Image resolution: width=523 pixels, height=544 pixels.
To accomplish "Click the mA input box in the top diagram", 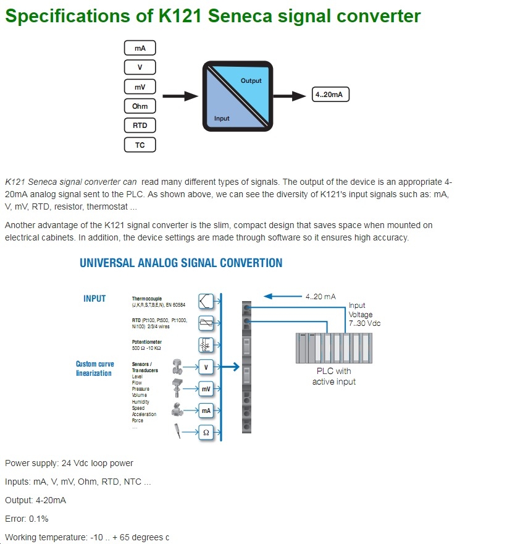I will click(x=140, y=48).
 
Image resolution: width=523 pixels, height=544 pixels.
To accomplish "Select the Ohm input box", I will click(x=140, y=106).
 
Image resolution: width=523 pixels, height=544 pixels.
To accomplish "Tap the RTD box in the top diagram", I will click(x=140, y=125).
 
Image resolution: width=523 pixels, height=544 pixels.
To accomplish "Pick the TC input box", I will click(x=140, y=145).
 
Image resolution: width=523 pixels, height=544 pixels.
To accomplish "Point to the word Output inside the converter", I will click(x=251, y=81).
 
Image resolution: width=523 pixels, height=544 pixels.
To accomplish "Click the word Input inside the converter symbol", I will click(x=222, y=118).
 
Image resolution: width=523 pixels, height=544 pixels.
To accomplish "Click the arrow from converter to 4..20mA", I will click(x=290, y=96).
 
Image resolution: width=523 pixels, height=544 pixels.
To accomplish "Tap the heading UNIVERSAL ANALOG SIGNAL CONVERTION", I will click(x=181, y=263).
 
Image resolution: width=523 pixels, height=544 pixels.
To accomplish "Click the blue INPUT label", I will click(x=94, y=299).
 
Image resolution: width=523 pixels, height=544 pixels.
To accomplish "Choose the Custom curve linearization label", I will click(x=94, y=368).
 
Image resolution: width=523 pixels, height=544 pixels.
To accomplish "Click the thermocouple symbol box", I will click(x=206, y=301).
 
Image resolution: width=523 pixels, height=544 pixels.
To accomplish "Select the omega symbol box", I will click(x=206, y=433).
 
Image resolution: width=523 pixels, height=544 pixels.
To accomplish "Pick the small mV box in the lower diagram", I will click(x=206, y=389).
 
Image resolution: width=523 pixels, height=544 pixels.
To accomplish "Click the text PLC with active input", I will click(x=333, y=376).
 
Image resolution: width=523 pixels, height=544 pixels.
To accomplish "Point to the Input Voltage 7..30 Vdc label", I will click(x=365, y=314).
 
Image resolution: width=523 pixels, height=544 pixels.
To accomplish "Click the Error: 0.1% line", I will click(x=27, y=519).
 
